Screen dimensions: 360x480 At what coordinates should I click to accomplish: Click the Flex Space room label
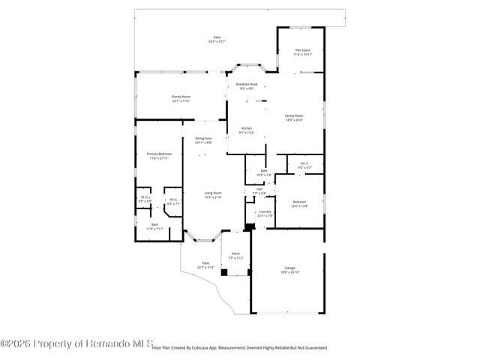(x=302, y=51)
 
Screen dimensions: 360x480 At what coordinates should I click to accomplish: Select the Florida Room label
(x=181, y=97)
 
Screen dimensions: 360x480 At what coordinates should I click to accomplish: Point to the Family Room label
(x=294, y=115)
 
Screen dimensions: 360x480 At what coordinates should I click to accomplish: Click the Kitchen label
(x=246, y=128)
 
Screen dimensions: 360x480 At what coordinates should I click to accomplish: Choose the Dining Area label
(x=204, y=138)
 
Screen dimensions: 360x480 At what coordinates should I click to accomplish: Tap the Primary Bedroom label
(x=159, y=154)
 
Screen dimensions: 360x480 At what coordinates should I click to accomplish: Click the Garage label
(x=289, y=268)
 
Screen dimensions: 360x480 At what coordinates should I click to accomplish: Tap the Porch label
(x=235, y=253)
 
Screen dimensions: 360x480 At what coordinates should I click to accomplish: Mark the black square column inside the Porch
(x=223, y=272)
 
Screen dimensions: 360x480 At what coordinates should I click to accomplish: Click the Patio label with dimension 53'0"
(x=217, y=37)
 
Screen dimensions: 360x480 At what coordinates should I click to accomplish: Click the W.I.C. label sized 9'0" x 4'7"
(x=304, y=163)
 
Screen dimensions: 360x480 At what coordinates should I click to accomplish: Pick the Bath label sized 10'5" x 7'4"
(x=264, y=171)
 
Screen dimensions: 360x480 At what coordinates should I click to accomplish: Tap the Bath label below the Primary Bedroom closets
(x=154, y=224)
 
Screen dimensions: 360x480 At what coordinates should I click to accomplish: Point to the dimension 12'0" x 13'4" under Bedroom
(x=299, y=205)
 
